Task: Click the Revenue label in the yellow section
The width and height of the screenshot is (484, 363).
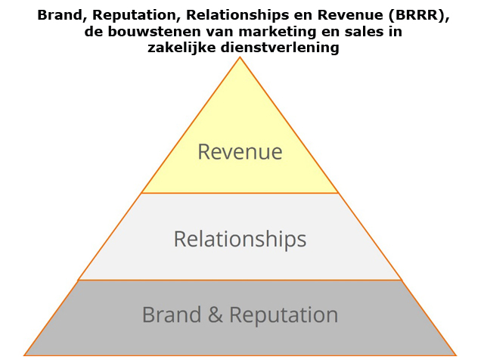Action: (x=240, y=152)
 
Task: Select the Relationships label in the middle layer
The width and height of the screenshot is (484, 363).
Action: (x=240, y=239)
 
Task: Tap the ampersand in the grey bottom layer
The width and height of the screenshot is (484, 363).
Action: (x=216, y=315)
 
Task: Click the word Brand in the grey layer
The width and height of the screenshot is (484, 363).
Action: (x=172, y=315)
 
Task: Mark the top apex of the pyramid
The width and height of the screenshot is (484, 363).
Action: (x=240, y=57)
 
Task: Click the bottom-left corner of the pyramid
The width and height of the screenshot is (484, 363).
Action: (x=25, y=355)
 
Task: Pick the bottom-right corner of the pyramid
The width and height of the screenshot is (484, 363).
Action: (x=455, y=355)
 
